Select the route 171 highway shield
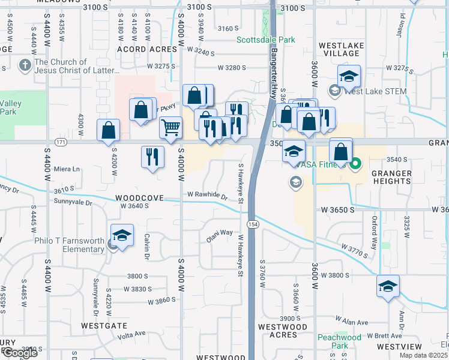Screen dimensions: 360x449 pos(60,142)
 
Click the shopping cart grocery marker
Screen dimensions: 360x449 pos(171,127)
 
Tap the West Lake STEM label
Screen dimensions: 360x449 pos(375,91)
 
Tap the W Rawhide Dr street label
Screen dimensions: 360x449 pos(208,196)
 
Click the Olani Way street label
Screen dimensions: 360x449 pos(220,233)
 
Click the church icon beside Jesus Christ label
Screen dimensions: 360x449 pos(25,65)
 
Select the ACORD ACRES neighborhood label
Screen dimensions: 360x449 pos(146,49)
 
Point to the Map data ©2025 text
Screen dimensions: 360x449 pos(423,355)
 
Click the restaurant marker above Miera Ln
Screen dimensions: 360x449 pos(152,157)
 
